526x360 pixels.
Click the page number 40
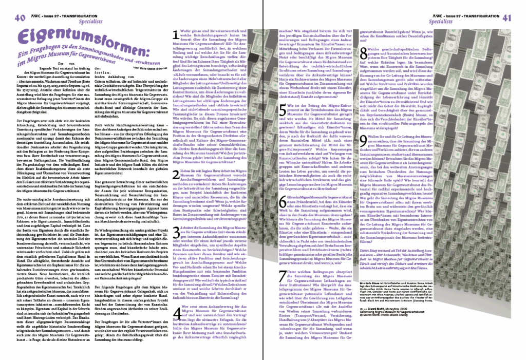coord(20,18)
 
